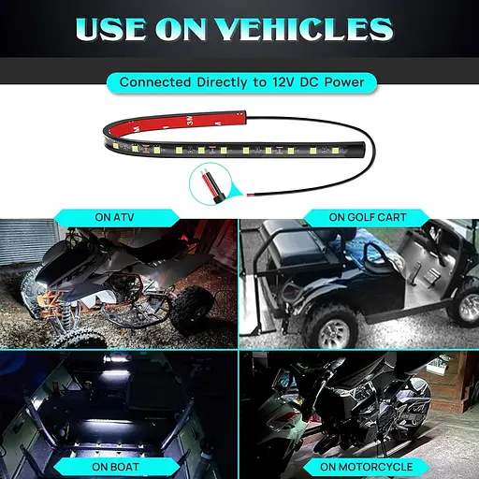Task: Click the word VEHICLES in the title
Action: click(x=304, y=29)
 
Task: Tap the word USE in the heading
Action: click(x=110, y=29)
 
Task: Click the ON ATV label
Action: click(x=114, y=217)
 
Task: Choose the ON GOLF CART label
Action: click(x=368, y=217)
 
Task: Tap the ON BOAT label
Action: click(x=115, y=467)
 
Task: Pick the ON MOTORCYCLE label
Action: click(x=366, y=467)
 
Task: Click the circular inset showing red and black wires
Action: click(x=210, y=184)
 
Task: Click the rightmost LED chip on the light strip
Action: click(x=335, y=151)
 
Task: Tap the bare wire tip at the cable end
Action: click(x=249, y=195)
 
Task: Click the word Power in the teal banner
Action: click(x=344, y=82)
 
